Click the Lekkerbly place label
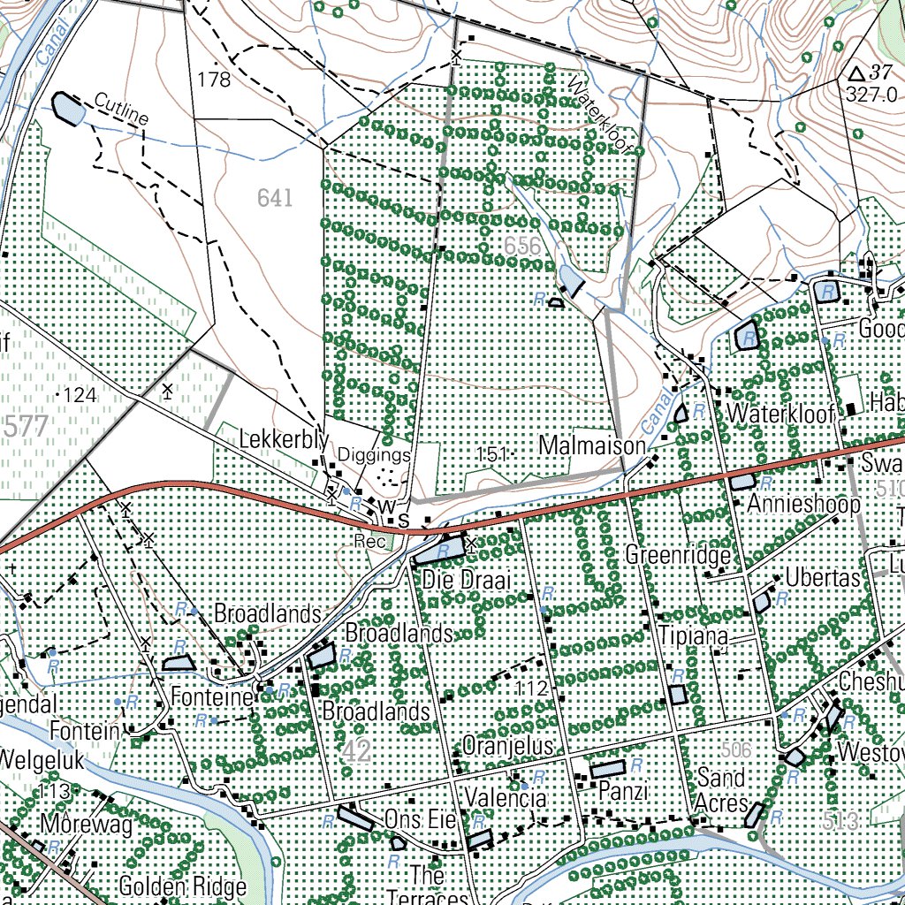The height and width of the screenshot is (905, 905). [284, 439]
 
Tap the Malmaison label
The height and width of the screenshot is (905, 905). [593, 445]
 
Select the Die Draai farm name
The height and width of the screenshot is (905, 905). [456, 582]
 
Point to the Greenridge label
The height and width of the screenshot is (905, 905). [678, 556]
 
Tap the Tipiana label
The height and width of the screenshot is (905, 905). [693, 637]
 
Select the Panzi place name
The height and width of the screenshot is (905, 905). [624, 789]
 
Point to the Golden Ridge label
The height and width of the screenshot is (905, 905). [182, 886]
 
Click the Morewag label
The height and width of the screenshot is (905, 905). [86, 825]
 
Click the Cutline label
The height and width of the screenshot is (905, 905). [122, 110]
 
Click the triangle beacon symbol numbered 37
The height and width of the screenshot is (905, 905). [855, 73]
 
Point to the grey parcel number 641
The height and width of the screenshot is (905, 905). [275, 198]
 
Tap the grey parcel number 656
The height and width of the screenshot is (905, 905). [522, 246]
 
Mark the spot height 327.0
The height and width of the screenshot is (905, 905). [871, 95]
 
